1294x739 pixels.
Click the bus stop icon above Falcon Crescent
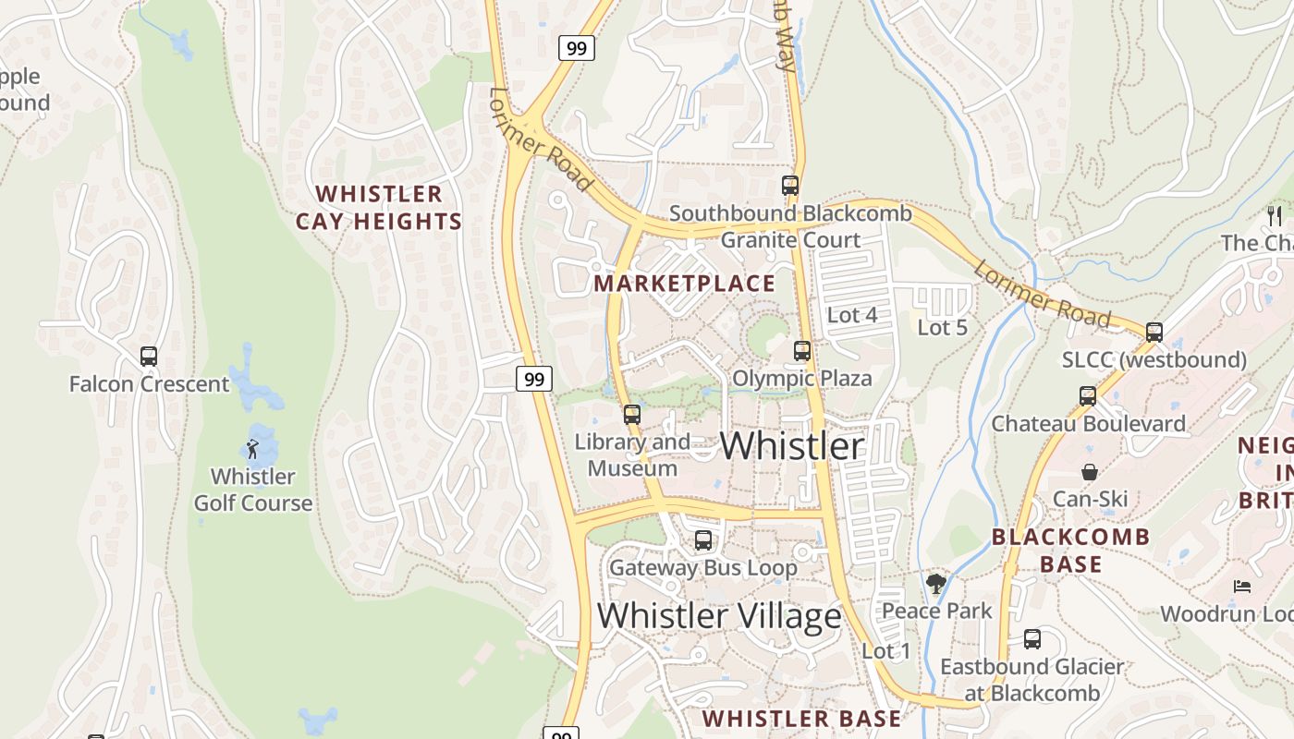tap(149, 356)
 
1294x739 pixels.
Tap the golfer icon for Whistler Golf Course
tap(252, 450)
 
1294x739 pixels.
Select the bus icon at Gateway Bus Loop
tap(703, 539)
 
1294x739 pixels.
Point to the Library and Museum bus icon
tap(632, 415)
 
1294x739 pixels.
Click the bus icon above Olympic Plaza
tap(802, 351)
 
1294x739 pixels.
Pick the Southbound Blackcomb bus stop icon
tap(790, 186)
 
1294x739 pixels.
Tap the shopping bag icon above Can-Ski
tap(1090, 472)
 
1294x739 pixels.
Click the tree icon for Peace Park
tap(936, 583)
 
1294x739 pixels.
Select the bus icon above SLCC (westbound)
tap(1154, 333)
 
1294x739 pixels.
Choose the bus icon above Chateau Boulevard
tap(1088, 396)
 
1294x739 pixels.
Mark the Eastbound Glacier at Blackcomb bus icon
tap(1032, 638)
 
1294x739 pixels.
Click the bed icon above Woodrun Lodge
tap(1242, 587)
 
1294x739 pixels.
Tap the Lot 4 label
tap(852, 315)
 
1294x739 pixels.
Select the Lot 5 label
tap(942, 327)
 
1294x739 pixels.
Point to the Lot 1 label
tap(886, 651)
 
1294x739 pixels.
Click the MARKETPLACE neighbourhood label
tap(685, 284)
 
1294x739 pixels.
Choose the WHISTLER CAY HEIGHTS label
tap(379, 208)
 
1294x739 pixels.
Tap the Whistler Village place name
tap(719, 615)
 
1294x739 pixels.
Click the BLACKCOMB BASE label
tap(1071, 551)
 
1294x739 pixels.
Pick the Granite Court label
tap(790, 240)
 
